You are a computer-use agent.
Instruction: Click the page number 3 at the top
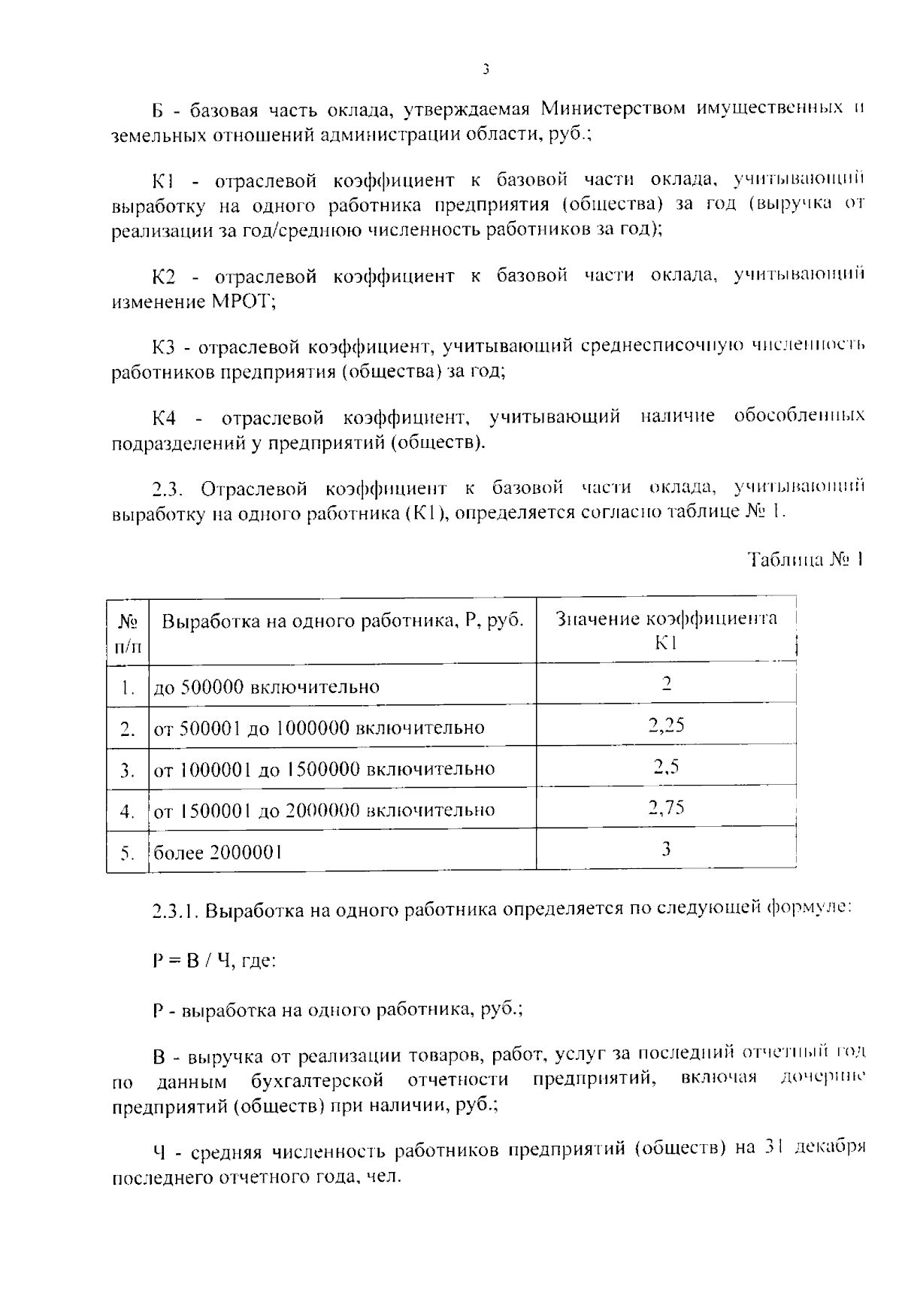486,70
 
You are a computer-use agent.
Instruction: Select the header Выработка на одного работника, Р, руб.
343,621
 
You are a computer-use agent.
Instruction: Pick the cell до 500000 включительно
267,687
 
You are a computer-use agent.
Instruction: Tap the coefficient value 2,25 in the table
666,725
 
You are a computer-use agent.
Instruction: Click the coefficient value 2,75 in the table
666,807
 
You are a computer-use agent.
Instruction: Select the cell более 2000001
218,852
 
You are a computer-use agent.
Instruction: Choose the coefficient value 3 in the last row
666,849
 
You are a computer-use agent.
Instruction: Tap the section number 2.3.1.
176,911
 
